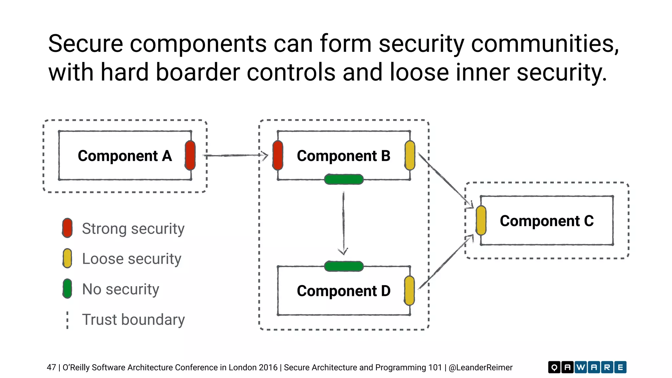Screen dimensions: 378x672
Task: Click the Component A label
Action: tap(125, 156)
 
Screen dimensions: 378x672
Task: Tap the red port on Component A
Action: tap(190, 155)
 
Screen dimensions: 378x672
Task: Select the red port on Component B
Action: tap(278, 155)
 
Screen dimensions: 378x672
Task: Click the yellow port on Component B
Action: tap(409, 155)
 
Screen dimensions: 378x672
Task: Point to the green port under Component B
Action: tap(344, 179)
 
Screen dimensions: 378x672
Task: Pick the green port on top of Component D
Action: tap(344, 266)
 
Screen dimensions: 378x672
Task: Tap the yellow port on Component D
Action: tap(409, 291)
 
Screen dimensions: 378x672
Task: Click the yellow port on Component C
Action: tap(481, 220)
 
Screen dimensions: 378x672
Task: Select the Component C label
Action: tap(547, 221)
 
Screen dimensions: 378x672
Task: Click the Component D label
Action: tap(344, 291)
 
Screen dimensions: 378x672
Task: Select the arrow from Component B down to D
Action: tap(343, 223)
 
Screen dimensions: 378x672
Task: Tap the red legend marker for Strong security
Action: tap(67, 228)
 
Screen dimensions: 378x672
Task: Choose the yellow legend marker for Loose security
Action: tap(67, 258)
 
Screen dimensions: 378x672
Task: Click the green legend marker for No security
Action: tap(67, 289)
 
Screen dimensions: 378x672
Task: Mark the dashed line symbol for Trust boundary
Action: tap(67, 320)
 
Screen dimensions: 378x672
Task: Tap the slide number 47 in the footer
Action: tap(51, 367)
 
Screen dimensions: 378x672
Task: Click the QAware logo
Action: tap(587, 367)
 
